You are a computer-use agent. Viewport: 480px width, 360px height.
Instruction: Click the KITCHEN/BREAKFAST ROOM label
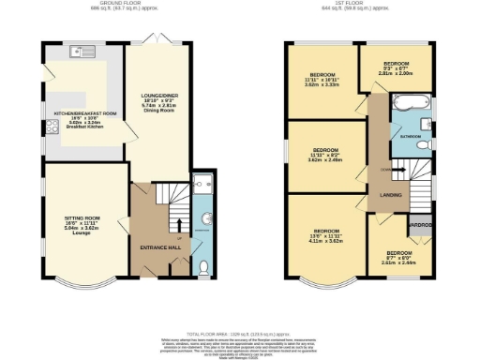[85, 113]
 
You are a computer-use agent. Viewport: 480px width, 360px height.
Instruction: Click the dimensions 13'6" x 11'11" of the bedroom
[325, 235]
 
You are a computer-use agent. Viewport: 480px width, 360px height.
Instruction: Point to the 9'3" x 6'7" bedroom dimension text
[397, 67]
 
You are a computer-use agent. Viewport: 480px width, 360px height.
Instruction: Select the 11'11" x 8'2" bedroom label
[325, 155]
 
